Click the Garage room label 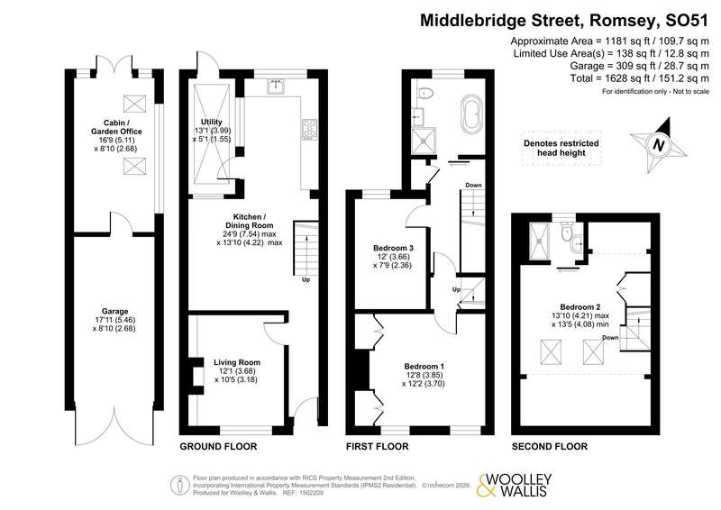click(x=114, y=312)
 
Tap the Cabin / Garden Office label click(x=116, y=127)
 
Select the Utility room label click(x=212, y=122)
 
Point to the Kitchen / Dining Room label click(x=250, y=221)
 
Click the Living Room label click(x=237, y=362)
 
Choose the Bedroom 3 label click(x=393, y=248)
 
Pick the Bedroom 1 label click(x=424, y=367)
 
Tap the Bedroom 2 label click(x=580, y=307)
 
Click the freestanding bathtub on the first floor click(x=471, y=114)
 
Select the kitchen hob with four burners click(x=309, y=129)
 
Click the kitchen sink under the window click(x=277, y=86)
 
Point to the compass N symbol click(x=659, y=145)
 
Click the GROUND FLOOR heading click(x=218, y=446)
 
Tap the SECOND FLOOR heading click(x=550, y=446)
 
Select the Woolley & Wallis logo click(x=514, y=486)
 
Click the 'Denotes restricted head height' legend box click(x=561, y=148)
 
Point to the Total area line click(x=640, y=78)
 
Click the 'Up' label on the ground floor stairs click(x=306, y=279)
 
